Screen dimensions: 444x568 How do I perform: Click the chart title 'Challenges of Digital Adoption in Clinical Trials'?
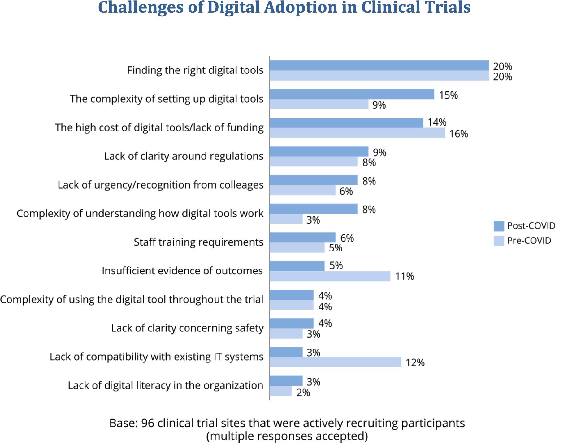[284, 7]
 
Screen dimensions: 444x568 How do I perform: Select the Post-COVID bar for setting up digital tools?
[352, 94]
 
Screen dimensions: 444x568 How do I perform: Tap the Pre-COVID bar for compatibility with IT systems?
[335, 362]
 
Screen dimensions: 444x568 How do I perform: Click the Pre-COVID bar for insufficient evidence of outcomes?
[330, 276]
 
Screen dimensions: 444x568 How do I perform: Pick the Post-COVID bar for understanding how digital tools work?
[313, 209]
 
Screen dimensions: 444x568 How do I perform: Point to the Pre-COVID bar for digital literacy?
[280, 391]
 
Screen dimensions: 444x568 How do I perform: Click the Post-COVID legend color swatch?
[499, 226]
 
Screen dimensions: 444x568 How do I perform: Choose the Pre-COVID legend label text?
[529, 241]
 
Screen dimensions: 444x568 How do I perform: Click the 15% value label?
[448, 95]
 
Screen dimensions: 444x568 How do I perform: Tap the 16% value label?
[458, 134]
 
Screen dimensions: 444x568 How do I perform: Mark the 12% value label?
[415, 362]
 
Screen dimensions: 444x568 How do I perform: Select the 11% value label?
[404, 276]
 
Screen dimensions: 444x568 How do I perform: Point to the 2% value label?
[303, 393]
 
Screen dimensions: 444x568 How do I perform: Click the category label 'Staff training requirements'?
[198, 242]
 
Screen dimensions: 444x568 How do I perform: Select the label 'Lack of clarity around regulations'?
[184, 156]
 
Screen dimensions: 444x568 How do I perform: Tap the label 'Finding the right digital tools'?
[195, 70]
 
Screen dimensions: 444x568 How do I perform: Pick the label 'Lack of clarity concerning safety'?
[187, 328]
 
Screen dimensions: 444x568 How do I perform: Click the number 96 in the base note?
[147, 423]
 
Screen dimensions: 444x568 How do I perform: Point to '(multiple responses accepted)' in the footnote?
[287, 436]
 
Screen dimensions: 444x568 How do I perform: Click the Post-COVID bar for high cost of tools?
[346, 123]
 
